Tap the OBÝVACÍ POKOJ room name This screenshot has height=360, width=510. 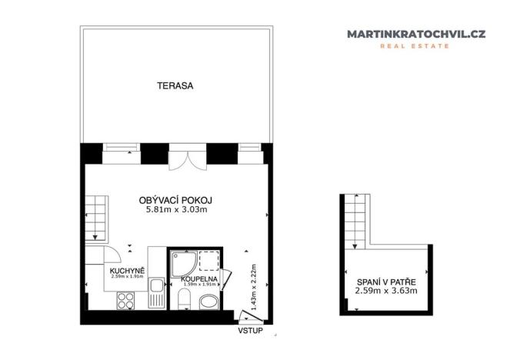pyautogui.click(x=176, y=199)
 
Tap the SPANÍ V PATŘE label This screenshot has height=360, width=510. pyautogui.click(x=385, y=281)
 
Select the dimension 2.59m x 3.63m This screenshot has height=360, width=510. pyautogui.click(x=385, y=291)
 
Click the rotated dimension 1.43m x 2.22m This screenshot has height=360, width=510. pyautogui.click(x=245, y=285)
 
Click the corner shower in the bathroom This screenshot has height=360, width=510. pyautogui.click(x=182, y=265)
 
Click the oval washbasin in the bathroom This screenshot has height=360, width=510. pyautogui.click(x=208, y=302)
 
